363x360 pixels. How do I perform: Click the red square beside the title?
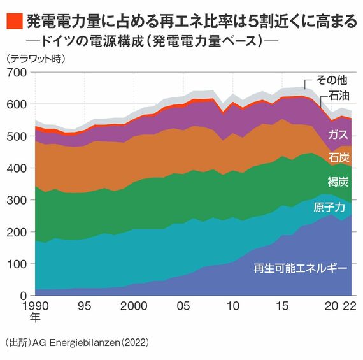coord(15,21)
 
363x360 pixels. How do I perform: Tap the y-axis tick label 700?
coord(17,73)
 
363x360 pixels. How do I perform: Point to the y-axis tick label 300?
coord(17,200)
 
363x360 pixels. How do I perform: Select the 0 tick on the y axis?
coord(24,296)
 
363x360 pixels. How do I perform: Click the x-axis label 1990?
coord(36,306)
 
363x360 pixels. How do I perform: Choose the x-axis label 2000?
coord(134,306)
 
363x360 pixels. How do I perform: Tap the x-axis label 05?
coord(183,306)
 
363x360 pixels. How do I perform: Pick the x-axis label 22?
coord(350,306)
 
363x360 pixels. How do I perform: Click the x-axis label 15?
coord(281,306)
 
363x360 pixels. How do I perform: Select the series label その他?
coord(332,80)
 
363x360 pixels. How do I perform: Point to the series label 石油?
coord(339,96)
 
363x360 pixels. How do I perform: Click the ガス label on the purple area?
coord(338,134)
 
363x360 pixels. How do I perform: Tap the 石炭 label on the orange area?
coord(339,157)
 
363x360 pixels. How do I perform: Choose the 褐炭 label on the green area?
coord(338,182)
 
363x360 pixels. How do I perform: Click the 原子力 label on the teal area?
coord(329,207)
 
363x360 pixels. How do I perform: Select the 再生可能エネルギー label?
coord(301,268)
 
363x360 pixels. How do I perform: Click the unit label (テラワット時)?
coord(36,59)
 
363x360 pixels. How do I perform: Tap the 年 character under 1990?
coord(35,317)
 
